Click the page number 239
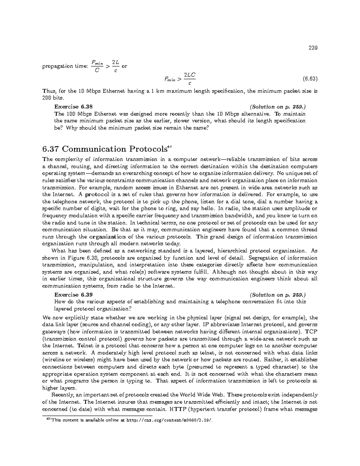click(x=313, y=48)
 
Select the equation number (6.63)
click(x=310, y=79)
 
